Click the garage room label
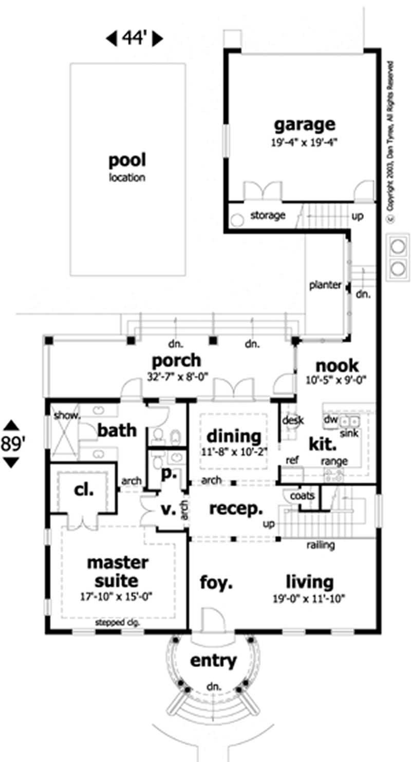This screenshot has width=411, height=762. [304, 125]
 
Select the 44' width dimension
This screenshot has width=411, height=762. [135, 38]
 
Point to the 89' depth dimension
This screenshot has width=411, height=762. [11, 443]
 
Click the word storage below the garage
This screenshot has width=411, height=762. [268, 216]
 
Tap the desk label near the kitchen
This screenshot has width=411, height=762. [293, 421]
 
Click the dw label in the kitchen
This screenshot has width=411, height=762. [330, 420]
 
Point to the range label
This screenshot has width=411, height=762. [334, 461]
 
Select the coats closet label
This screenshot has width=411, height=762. [303, 496]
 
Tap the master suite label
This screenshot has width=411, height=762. [117, 572]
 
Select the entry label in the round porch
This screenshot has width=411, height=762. [214, 660]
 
